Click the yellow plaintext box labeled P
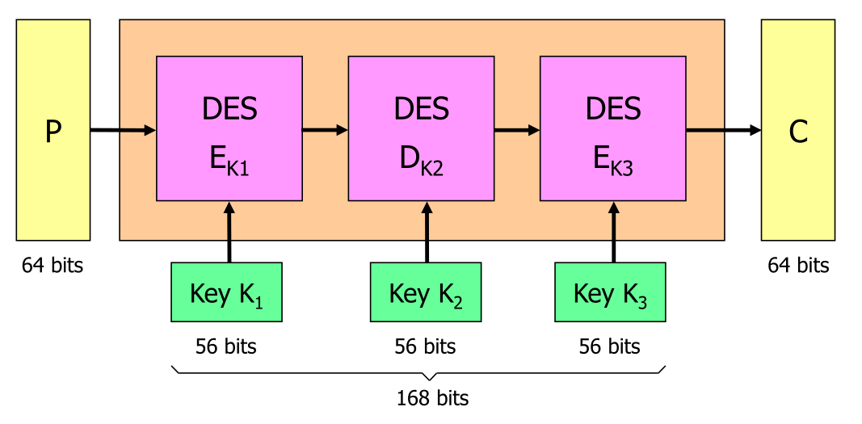[x=53, y=130]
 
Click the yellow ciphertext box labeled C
[x=797, y=130]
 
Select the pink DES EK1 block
[x=229, y=128]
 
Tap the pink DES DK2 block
[x=421, y=128]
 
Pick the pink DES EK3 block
[x=613, y=128]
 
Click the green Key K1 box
[x=226, y=292]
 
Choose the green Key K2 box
[x=426, y=292]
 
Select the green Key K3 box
[x=610, y=292]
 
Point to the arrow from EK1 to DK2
[x=325, y=129]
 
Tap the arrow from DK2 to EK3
[x=517, y=129]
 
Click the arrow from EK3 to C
[x=723, y=130]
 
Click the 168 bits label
[x=432, y=398]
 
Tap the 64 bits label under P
[x=53, y=265]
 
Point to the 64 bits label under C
[x=798, y=265]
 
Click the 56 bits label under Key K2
[x=425, y=346]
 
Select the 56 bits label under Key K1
[x=226, y=346]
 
